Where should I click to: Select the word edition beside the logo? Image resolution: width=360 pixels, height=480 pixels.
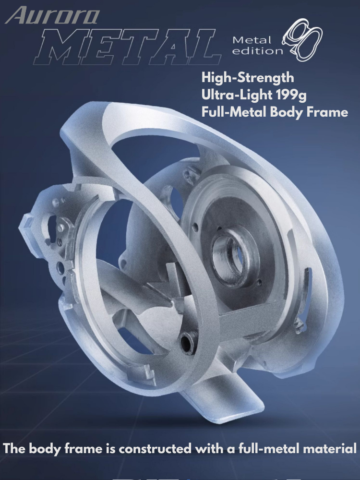point(257,50)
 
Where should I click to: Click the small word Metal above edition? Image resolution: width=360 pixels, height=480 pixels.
point(252,40)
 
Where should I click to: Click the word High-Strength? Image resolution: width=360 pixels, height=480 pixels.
point(248,77)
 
